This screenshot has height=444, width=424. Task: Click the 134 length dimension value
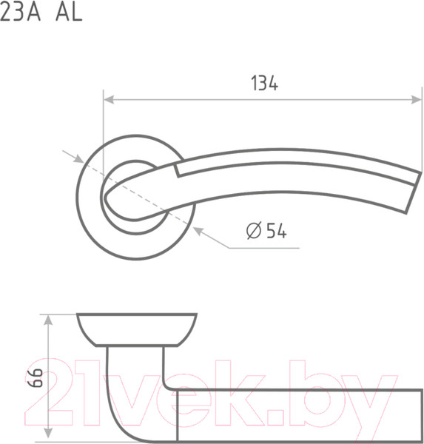265,83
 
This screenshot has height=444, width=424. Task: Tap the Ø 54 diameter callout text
266,230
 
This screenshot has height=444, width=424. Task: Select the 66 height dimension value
36,377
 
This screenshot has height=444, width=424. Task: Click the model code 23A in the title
20,12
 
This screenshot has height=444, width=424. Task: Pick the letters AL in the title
69,12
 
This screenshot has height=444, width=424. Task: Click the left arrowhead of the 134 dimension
109,100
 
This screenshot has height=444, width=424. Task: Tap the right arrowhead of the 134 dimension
417,100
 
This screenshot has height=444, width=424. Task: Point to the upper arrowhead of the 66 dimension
48,320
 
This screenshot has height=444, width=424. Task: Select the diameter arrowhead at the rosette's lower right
198,232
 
